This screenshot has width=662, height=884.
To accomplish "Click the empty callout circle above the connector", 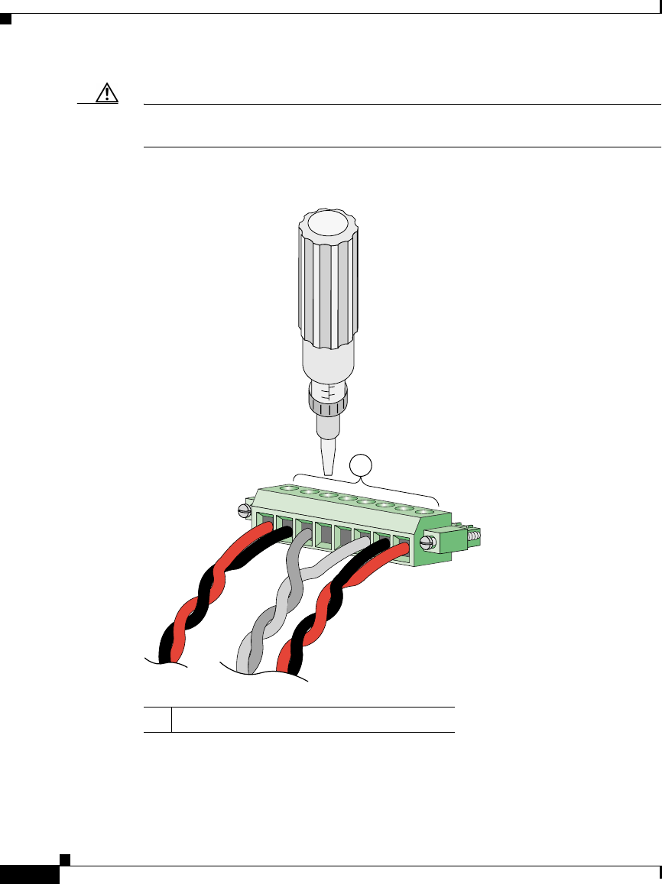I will [361, 465].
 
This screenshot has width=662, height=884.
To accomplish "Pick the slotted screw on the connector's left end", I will [245, 510].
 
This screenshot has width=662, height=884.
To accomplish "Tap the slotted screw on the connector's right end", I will [429, 543].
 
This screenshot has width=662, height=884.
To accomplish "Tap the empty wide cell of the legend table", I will [313, 719].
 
